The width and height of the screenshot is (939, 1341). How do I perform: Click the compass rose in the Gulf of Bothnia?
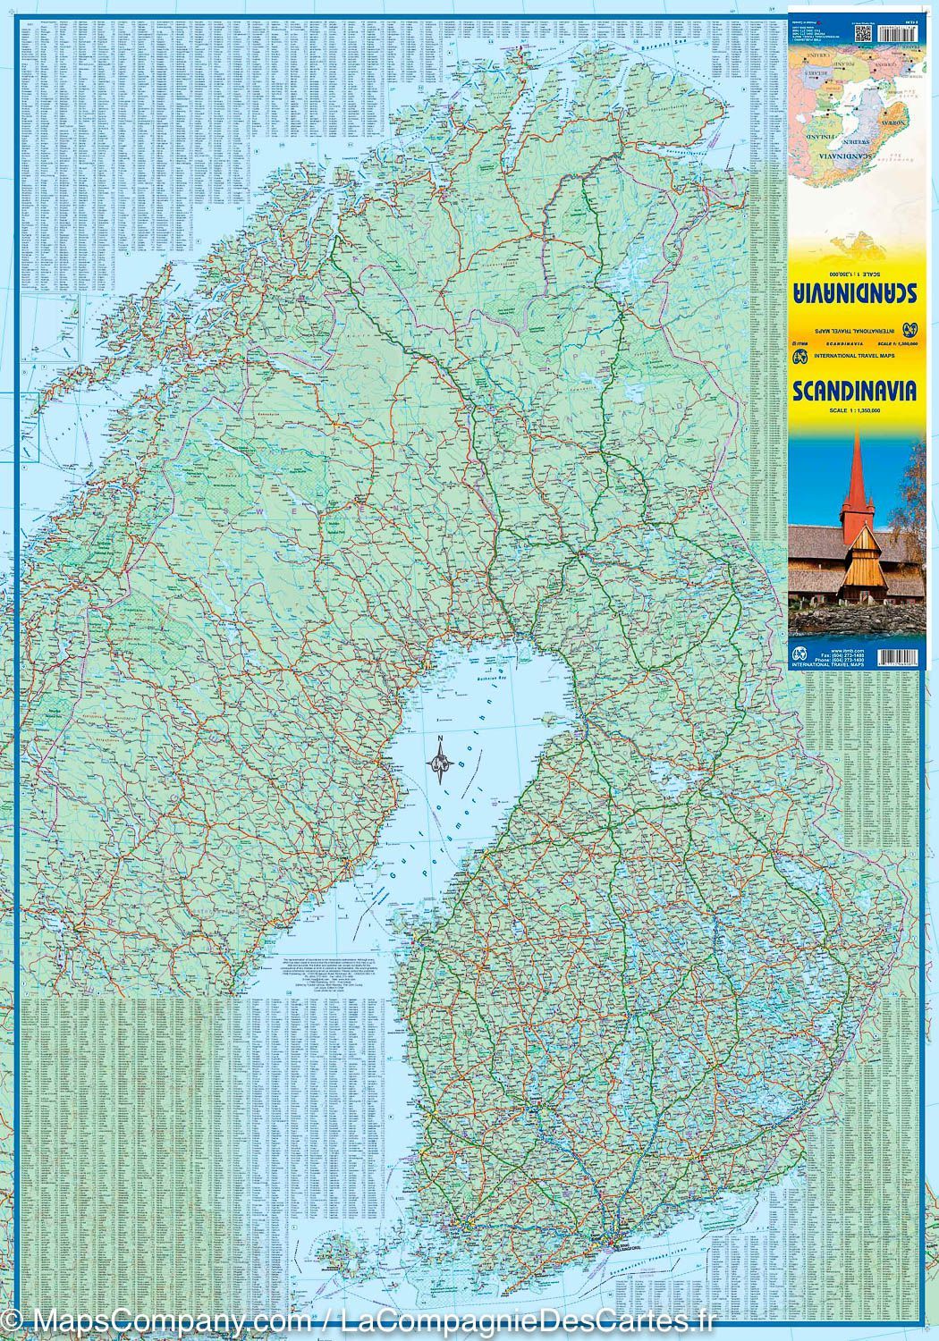pyautogui.click(x=439, y=762)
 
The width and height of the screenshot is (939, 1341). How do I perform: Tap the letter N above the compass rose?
pyautogui.click(x=440, y=738)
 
